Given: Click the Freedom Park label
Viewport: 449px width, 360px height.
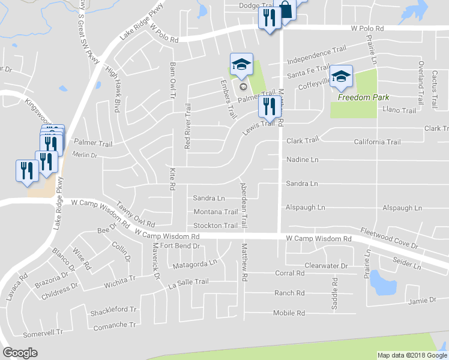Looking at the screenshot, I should [x=363, y=97].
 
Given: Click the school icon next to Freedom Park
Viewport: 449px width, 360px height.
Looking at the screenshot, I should [x=341, y=76].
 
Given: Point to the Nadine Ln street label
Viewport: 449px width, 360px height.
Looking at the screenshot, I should [x=302, y=160].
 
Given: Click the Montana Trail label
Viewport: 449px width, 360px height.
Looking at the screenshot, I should [x=215, y=212].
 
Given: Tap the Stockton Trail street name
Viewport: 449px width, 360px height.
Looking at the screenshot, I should [x=215, y=226].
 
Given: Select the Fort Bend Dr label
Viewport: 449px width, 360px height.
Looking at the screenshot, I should [x=179, y=246].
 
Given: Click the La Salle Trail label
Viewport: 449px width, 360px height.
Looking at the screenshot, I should [x=188, y=282].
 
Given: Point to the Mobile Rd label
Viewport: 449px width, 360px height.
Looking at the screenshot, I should [x=289, y=313].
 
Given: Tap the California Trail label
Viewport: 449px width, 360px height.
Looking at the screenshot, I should [x=377, y=142].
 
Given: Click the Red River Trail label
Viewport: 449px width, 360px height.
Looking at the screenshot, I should [x=188, y=126].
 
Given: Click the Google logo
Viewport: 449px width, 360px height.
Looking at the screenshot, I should [x=20, y=353].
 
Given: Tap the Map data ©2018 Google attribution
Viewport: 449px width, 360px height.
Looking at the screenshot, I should [x=409, y=355].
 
